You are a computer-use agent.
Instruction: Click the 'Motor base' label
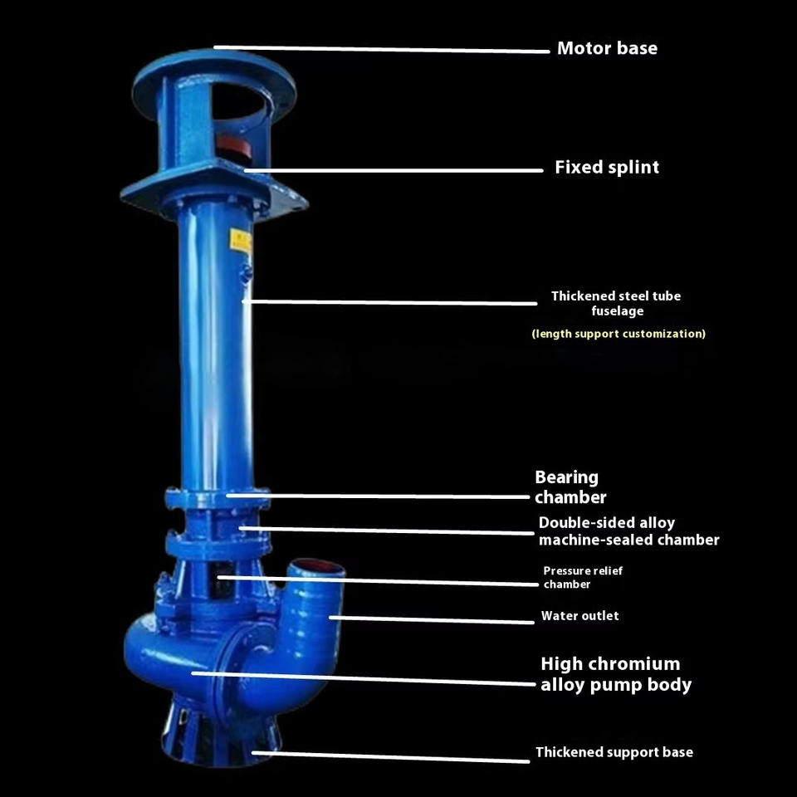coord(607,48)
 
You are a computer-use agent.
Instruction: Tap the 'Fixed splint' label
coord(607,167)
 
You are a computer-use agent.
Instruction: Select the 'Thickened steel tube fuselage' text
coord(616,304)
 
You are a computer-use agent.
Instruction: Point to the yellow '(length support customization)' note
coord(619,334)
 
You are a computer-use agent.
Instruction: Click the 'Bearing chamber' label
coord(570,487)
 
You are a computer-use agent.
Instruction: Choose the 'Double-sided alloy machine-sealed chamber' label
coord(628,531)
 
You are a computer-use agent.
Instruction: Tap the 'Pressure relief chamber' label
coord(583,578)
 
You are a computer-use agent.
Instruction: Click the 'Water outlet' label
coord(580,616)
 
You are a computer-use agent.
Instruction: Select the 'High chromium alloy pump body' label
coord(616,674)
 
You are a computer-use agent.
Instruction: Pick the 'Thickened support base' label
coord(614,752)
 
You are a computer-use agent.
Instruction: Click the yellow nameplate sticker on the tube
coord(241,241)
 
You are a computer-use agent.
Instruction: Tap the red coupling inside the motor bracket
coord(234,144)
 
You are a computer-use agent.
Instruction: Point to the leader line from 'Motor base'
coord(381,49)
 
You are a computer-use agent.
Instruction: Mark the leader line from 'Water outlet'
coord(431,619)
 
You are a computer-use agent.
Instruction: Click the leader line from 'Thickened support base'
coord(390,757)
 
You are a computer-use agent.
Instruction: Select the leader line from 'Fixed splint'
coord(394,170)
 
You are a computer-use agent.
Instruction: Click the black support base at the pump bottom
coord(221,732)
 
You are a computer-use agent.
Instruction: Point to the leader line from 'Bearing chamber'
coord(378,496)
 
